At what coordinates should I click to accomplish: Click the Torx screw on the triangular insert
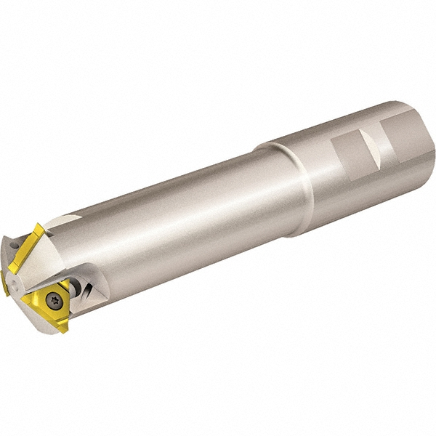coord(54,297)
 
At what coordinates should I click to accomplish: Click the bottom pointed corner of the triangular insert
coord(64,331)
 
